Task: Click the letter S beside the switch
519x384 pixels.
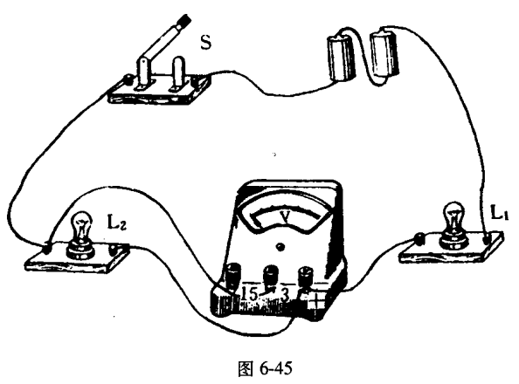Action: (x=205, y=42)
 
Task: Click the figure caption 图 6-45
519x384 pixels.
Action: (x=265, y=368)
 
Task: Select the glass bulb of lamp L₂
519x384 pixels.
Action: (x=81, y=225)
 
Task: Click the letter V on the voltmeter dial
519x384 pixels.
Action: (x=285, y=216)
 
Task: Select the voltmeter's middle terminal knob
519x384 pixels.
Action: (x=271, y=274)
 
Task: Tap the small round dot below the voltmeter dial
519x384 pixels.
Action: (x=280, y=247)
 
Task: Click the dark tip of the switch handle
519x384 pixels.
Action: (x=184, y=20)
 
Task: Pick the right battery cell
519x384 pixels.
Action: (x=384, y=54)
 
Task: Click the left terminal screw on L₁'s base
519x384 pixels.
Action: (x=420, y=238)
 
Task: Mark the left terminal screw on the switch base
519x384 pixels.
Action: (x=128, y=79)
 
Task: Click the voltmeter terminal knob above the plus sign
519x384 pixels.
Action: (x=305, y=275)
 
